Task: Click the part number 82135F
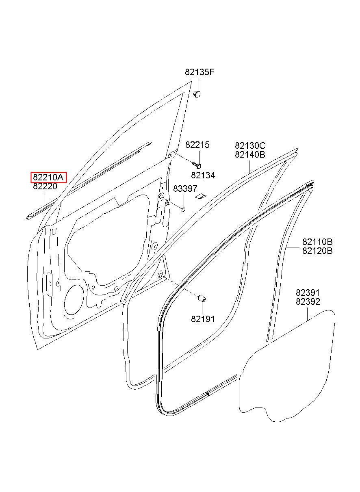pos(199,72)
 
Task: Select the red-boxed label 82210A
pos(48,177)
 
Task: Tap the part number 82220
pos(45,186)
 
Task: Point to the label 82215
pos(197,145)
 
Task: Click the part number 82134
pos(203,175)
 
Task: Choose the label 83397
pos(185,189)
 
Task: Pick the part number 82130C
pos(250,145)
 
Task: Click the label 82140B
pos(250,154)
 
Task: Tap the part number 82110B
pos(317,242)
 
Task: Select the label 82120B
pos(317,251)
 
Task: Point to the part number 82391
pos(308,293)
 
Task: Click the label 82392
pos(308,301)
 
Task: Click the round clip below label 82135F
pos(197,94)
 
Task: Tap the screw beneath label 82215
pos(197,165)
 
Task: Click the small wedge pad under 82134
pos(200,196)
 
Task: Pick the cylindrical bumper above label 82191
pos(202,298)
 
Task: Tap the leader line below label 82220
pos(45,199)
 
